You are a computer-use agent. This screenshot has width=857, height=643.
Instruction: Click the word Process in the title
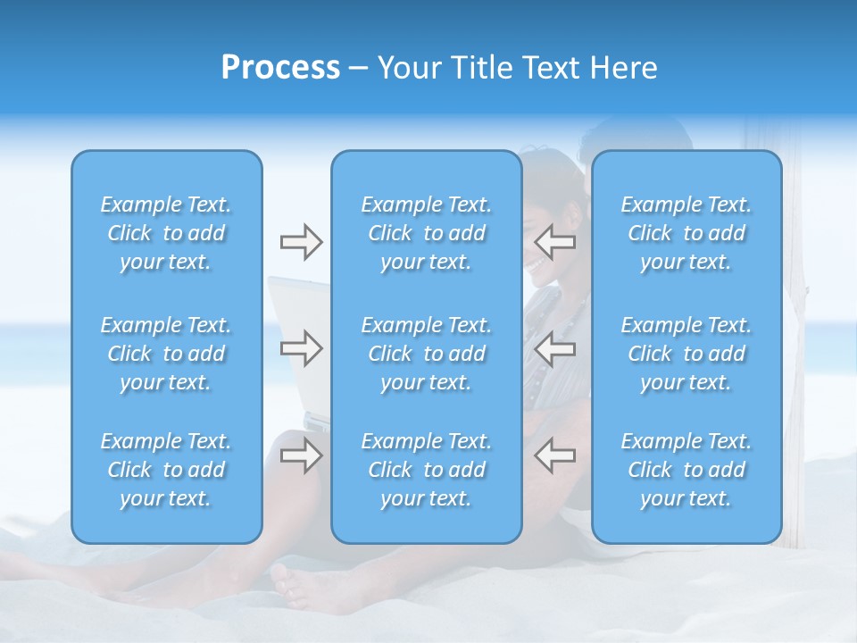click(280, 68)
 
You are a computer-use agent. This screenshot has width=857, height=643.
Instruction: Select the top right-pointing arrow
click(301, 242)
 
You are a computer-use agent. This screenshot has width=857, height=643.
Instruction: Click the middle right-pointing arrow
click(301, 348)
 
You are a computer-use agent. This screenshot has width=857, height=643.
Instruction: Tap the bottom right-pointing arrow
click(301, 455)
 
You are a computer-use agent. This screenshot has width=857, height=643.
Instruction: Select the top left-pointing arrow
click(555, 242)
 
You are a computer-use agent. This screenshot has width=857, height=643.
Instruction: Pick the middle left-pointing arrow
click(555, 348)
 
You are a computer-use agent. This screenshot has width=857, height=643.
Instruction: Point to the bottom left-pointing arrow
click(555, 455)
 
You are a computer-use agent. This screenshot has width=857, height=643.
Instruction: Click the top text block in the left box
click(166, 233)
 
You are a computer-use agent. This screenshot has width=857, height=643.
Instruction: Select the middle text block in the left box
click(166, 354)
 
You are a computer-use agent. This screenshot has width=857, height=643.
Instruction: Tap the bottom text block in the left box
click(166, 470)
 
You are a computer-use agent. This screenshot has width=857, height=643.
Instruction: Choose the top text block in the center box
click(427, 233)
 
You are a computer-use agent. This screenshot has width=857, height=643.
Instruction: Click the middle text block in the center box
click(427, 354)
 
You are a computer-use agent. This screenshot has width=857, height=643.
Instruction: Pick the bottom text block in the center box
click(427, 470)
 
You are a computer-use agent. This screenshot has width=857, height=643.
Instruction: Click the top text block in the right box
click(686, 233)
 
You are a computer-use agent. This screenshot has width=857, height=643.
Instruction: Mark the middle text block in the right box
click(686, 354)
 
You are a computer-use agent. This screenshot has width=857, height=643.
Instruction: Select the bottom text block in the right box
click(686, 470)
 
